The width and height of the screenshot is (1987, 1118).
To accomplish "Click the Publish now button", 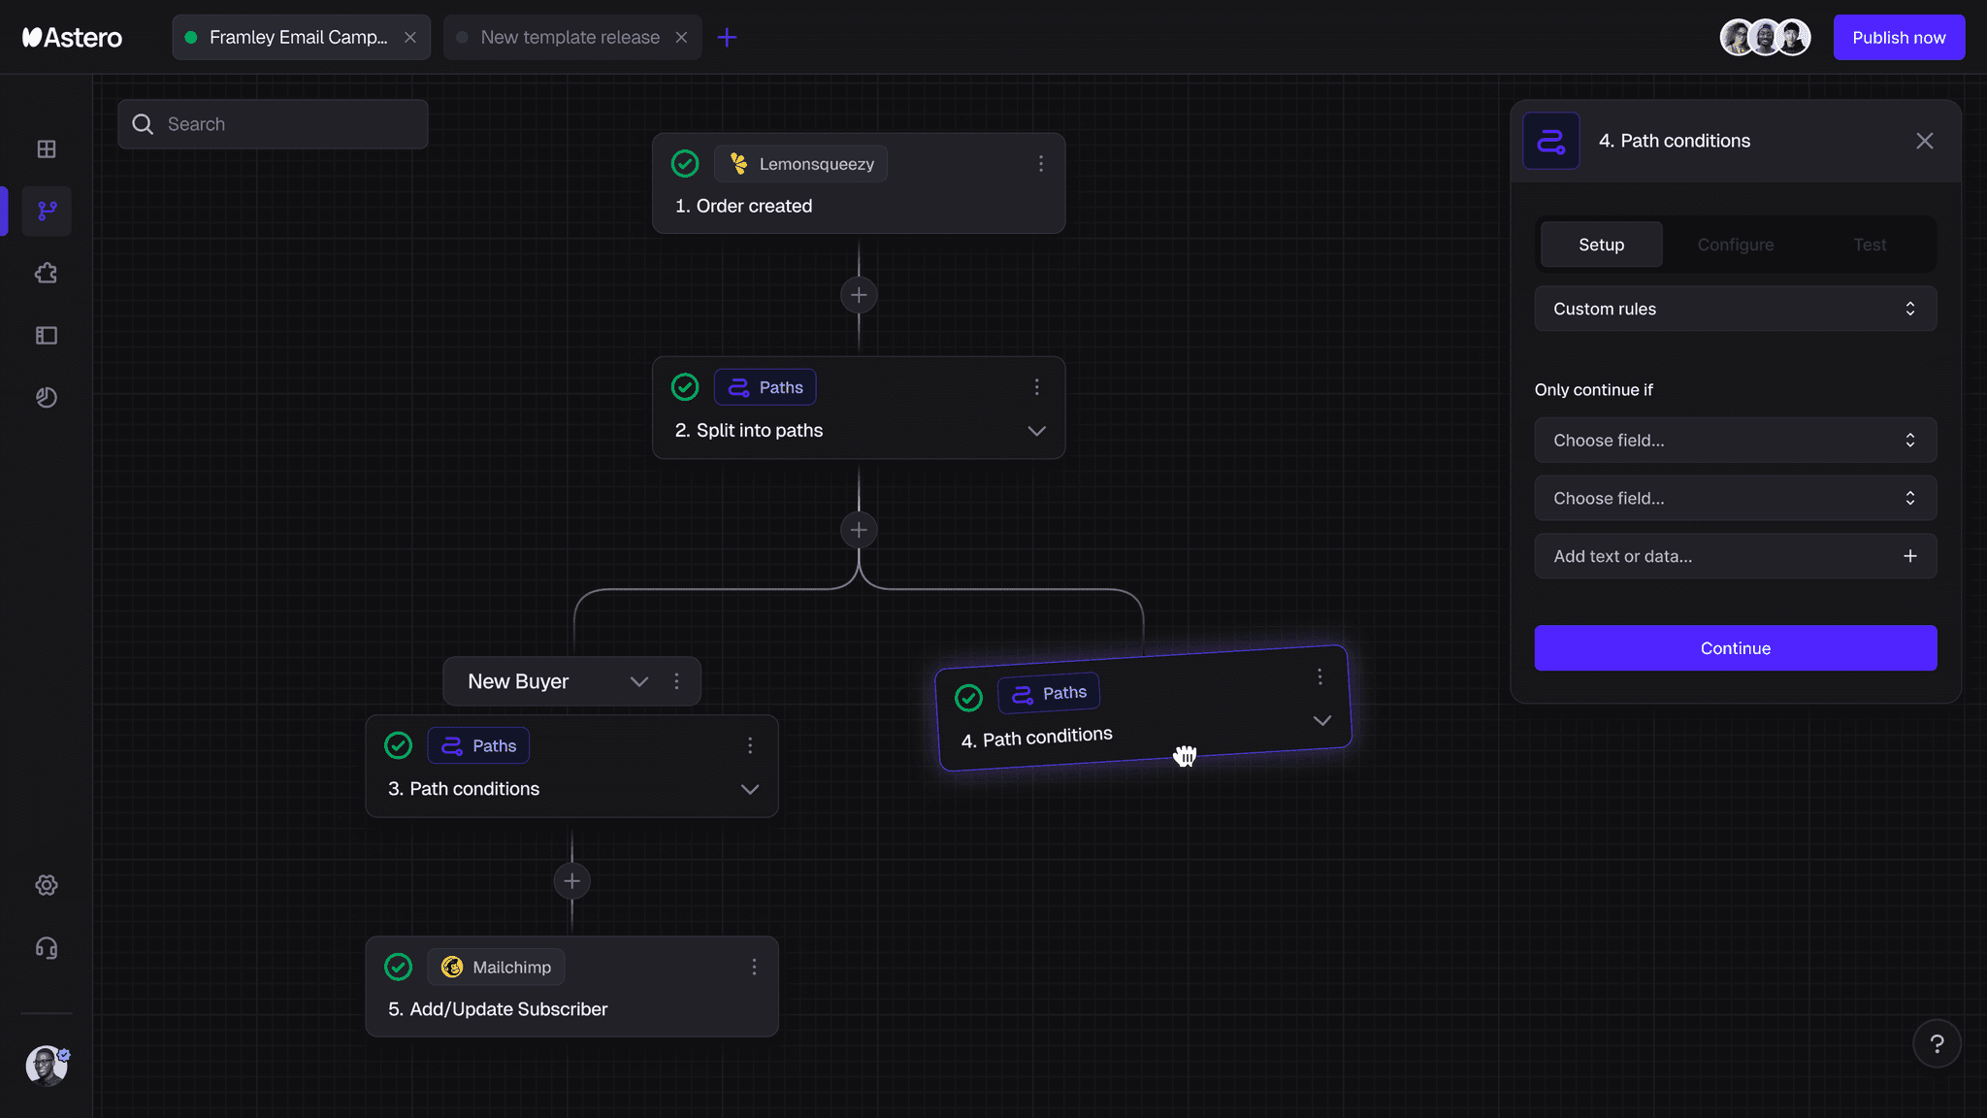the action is pyautogui.click(x=1899, y=37).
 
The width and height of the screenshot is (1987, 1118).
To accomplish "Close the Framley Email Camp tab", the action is pyautogui.click(x=410, y=37).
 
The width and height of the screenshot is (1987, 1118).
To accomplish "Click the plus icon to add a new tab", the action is pyautogui.click(x=727, y=37).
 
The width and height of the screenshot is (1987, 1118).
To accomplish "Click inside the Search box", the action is pyautogui.click(x=273, y=124).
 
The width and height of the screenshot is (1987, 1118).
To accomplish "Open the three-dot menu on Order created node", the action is pyautogui.click(x=1041, y=164).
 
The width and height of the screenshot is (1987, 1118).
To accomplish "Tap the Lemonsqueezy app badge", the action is pyautogui.click(x=801, y=164).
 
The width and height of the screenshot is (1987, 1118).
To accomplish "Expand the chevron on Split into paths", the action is pyautogui.click(x=1036, y=431).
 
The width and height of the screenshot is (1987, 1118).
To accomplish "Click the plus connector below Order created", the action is pyautogui.click(x=859, y=295).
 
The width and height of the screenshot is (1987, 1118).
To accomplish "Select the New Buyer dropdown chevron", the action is pyautogui.click(x=639, y=681).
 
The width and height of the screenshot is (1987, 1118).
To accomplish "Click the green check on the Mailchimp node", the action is pyautogui.click(x=399, y=967).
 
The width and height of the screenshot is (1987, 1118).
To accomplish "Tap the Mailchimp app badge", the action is pyautogui.click(x=496, y=967).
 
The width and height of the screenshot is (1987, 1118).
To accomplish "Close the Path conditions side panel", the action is pyautogui.click(x=1925, y=141).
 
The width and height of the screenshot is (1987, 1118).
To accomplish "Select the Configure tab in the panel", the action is pyautogui.click(x=1736, y=245).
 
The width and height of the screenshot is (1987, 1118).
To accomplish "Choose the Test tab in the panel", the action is pyautogui.click(x=1870, y=245).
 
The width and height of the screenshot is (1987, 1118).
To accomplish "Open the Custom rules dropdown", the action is pyautogui.click(x=1736, y=309).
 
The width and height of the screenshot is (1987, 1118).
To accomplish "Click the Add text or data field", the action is pyautogui.click(x=1736, y=556).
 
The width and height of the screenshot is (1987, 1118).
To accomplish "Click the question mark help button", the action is pyautogui.click(x=1937, y=1043).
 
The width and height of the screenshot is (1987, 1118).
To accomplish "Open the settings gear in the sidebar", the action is pyautogui.click(x=47, y=885).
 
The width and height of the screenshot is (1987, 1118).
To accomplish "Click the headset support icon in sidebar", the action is pyautogui.click(x=47, y=948).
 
